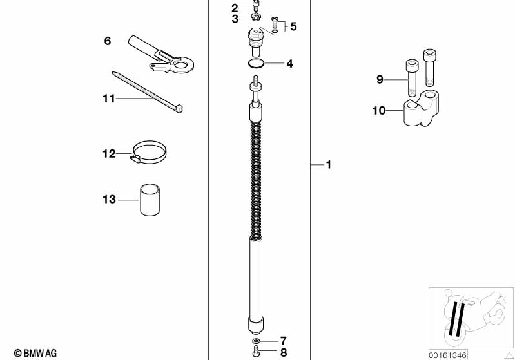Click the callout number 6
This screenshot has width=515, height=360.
(108, 41)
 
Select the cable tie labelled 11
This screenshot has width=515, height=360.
(148, 92)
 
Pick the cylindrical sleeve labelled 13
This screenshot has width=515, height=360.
(150, 200)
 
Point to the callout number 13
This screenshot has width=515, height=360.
(110, 199)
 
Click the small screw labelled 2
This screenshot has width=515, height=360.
(255, 6)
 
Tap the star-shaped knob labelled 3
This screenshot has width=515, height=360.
(255, 16)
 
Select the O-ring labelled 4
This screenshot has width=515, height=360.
(255, 64)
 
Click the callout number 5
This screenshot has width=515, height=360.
(294, 26)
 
